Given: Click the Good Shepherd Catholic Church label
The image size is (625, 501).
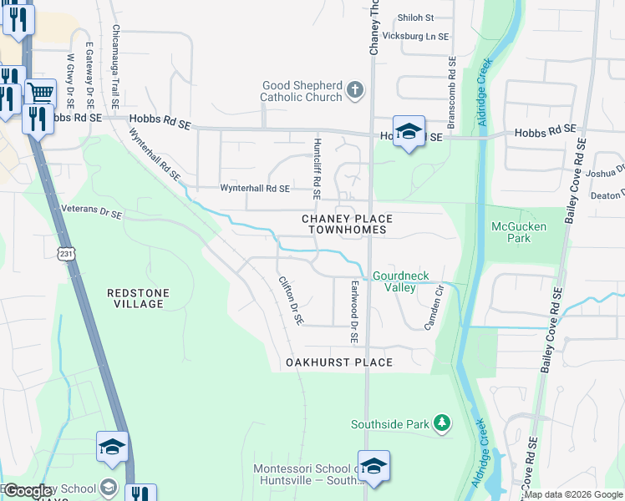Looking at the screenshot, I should click(x=302, y=91).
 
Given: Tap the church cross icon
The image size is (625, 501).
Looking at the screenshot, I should click(x=355, y=90).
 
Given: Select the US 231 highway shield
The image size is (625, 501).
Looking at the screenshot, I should click(x=66, y=252).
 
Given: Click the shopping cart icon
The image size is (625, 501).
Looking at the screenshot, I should click(x=39, y=92).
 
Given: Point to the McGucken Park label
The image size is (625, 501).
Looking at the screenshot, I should click(x=511, y=231).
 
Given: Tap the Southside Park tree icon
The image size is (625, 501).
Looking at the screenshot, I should click(x=441, y=424).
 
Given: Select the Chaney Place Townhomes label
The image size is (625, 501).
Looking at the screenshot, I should click(x=346, y=224).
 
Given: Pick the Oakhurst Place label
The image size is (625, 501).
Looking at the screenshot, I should click(x=338, y=362).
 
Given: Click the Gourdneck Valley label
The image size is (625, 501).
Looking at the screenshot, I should click(x=394, y=281).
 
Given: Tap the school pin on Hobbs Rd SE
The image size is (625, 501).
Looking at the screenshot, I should click(x=409, y=132).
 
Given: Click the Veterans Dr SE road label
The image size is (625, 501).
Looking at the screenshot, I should click(x=92, y=212).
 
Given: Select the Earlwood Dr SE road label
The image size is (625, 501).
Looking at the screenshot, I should click(x=354, y=312).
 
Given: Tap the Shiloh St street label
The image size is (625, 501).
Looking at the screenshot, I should click(x=415, y=17).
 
